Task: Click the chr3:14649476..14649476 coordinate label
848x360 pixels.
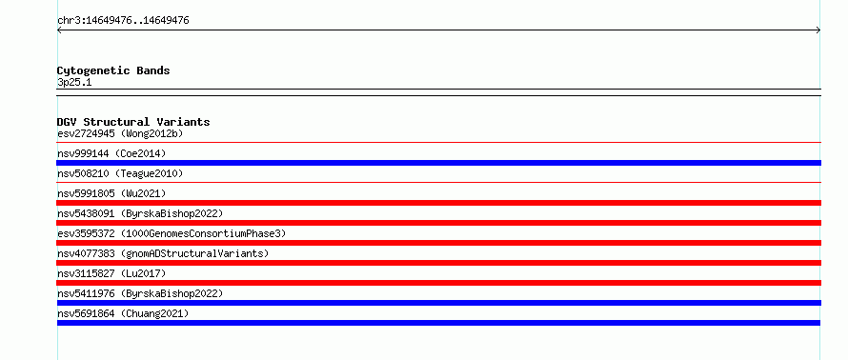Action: tap(123, 21)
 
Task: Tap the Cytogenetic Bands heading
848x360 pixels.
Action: tap(113, 70)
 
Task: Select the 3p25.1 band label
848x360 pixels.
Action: tap(74, 83)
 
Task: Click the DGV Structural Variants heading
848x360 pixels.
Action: tap(133, 122)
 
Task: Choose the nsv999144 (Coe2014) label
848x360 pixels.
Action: tap(111, 153)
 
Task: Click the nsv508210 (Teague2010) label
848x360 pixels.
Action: tap(120, 173)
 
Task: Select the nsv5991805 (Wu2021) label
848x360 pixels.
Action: tap(111, 193)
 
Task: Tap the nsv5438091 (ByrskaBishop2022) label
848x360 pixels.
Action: tap(140, 213)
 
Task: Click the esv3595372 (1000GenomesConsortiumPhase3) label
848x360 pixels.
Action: tap(172, 233)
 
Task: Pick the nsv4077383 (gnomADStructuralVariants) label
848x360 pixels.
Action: tap(163, 253)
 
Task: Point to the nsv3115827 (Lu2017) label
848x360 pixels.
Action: tap(111, 273)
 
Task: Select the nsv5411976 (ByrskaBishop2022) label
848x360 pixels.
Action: tap(140, 293)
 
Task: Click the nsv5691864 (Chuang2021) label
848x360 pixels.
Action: tap(123, 313)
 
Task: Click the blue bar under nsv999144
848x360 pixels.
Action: tap(438, 163)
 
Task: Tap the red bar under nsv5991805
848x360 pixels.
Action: tap(438, 203)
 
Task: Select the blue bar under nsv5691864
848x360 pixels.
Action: tap(438, 323)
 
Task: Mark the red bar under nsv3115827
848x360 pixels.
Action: tap(438, 283)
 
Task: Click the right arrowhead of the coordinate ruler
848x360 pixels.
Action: tap(818, 30)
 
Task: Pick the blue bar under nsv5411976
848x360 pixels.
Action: tap(438, 303)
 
